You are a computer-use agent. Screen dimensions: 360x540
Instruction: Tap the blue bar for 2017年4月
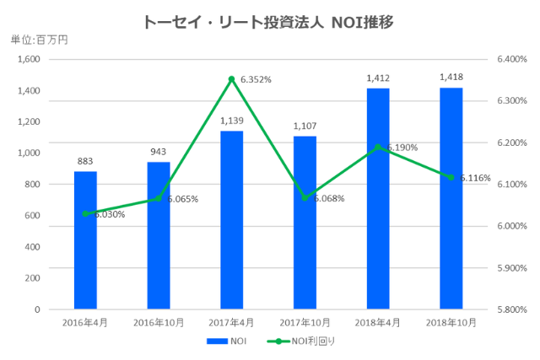pos(231,220)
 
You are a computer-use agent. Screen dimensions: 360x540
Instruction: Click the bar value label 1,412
pos(377,78)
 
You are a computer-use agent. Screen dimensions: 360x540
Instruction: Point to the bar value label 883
pos(85,161)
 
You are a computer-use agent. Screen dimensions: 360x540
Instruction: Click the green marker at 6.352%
pos(231,79)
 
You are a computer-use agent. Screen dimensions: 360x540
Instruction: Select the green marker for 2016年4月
pos(85,214)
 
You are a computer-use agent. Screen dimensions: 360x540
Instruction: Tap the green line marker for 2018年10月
pos(451,178)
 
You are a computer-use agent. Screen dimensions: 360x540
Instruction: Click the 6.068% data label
pos(327,198)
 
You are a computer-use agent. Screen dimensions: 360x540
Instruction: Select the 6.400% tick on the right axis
pos(510,59)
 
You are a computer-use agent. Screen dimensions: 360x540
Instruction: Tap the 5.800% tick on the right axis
pos(510,309)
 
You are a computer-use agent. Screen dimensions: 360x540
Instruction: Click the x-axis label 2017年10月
pos(305,323)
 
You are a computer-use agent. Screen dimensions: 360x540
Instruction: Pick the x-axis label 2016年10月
pos(158,323)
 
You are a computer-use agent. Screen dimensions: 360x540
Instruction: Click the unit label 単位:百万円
pos(40,39)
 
